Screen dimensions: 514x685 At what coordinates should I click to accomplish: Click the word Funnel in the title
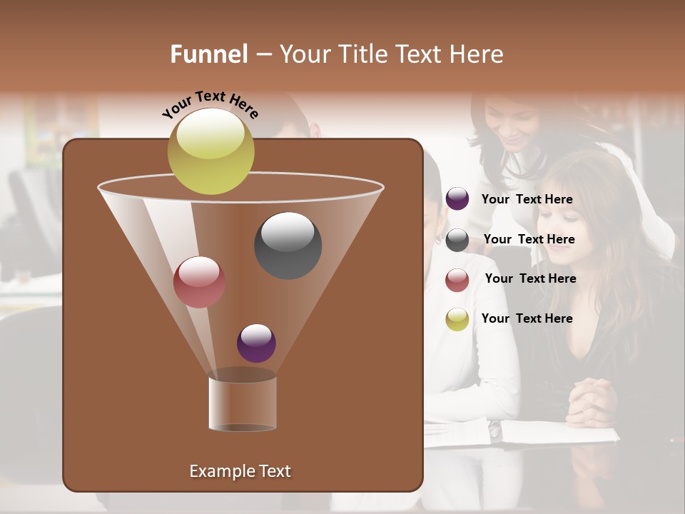[x=209, y=54]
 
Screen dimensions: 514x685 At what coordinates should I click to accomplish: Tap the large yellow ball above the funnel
[x=211, y=151]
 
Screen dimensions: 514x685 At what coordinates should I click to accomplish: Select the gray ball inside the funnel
[x=288, y=245]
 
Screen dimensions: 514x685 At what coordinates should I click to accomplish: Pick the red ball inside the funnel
[x=199, y=281]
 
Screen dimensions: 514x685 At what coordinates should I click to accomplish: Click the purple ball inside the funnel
[x=256, y=343]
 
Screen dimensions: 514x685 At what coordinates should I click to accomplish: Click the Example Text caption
[x=240, y=471]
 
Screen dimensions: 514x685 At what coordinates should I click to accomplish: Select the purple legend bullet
[x=457, y=199]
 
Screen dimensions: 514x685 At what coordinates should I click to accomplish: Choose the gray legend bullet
[x=457, y=240]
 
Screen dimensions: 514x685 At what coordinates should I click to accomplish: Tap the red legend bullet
[x=457, y=280]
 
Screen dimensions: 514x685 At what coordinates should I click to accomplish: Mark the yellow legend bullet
[x=457, y=319]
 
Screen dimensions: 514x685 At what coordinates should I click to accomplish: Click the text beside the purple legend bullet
[x=527, y=199]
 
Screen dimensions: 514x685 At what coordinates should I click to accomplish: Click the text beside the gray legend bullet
[x=529, y=239]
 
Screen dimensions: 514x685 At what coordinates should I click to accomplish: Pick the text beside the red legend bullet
[x=530, y=278]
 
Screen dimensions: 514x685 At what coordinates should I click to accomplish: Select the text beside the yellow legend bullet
[x=527, y=318]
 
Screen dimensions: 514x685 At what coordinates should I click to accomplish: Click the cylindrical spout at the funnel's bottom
[x=243, y=403]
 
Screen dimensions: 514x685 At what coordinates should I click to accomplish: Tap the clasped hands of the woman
[x=592, y=401]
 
